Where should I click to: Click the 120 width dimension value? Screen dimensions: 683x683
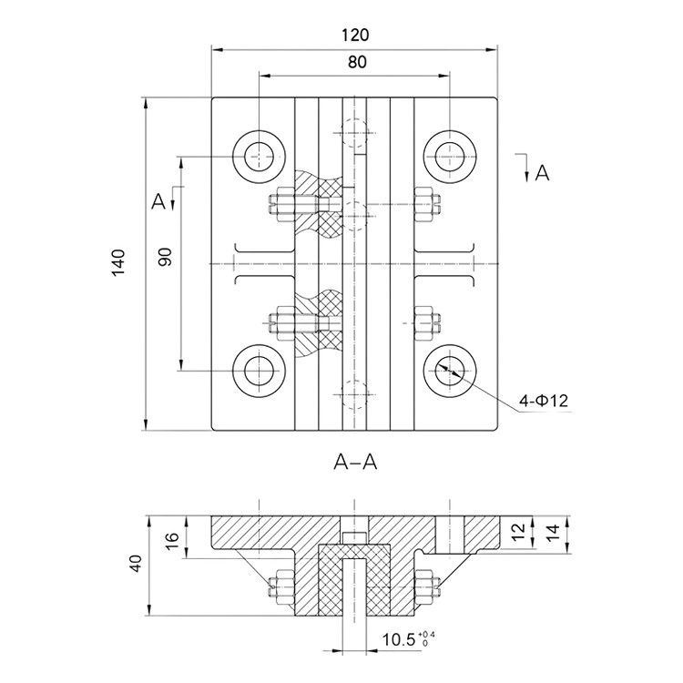355,35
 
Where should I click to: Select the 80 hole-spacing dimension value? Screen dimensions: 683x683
357,62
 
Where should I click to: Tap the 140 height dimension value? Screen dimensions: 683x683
118,262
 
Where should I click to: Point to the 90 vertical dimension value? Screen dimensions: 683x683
166,257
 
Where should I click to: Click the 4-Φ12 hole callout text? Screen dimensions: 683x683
544,401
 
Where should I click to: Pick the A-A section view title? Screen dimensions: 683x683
355,462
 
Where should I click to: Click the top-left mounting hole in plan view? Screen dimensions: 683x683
260,156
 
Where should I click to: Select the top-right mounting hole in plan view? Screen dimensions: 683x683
450,156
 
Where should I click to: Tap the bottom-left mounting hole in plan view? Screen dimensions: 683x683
260,371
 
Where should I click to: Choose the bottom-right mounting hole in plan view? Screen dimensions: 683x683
450,371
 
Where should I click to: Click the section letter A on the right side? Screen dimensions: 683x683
543,173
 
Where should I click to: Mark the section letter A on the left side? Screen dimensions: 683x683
158,201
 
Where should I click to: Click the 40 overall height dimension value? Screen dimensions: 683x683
136,564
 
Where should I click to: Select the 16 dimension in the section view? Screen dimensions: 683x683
172,536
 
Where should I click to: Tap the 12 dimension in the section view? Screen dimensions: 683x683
518,533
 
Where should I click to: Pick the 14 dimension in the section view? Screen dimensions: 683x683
552,533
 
